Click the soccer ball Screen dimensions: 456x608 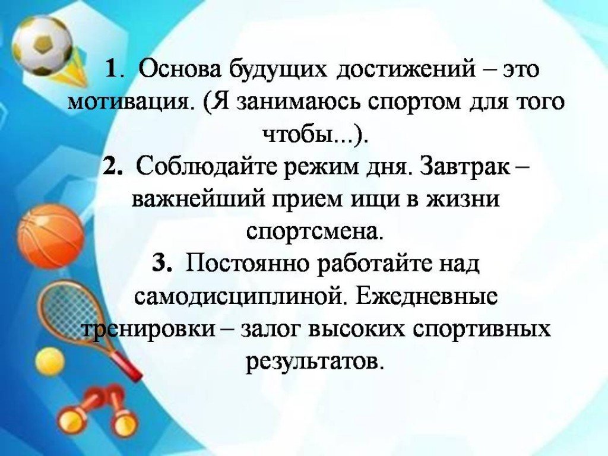coord(42,45)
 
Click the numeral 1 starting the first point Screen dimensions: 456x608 coord(110,70)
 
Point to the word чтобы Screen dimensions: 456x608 coord(297,135)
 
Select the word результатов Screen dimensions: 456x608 coord(311,360)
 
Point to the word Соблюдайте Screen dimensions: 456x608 coord(204,167)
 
